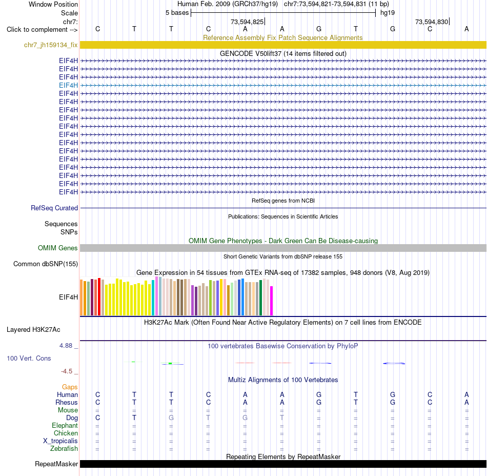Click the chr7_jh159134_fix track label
coord(51,45)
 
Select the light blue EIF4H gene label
coord(68,85)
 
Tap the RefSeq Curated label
coord(54,208)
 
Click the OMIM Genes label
coord(58,248)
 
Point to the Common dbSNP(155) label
coord(46,264)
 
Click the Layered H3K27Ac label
coord(33,330)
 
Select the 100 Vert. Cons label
coord(29,358)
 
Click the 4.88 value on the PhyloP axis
coord(66,346)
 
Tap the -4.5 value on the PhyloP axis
coord(67,371)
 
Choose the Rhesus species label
coord(67,402)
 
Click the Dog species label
coord(72,418)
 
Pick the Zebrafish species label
coord(64,449)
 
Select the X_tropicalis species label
coord(60,441)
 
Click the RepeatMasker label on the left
coord(56,464)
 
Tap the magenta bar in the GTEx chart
coord(272,301)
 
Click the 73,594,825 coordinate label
coord(247,22)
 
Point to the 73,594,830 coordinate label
coord(432,22)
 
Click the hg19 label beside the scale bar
coord(388,13)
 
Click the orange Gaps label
coord(70,387)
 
